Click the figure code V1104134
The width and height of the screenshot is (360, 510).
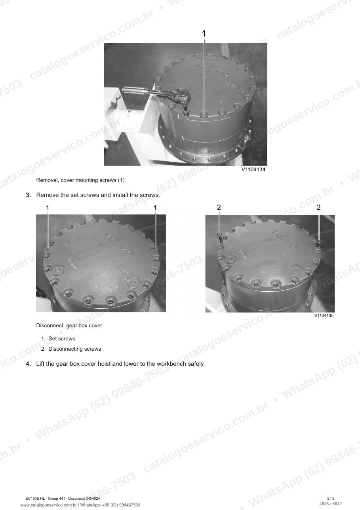click(253, 169)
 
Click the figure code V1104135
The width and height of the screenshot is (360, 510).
click(324, 315)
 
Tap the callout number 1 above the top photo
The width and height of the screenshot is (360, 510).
click(204, 34)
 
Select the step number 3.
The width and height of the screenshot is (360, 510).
click(28, 195)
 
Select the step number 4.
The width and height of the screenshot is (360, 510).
click(28, 364)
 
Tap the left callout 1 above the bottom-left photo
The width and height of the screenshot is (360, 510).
click(48, 208)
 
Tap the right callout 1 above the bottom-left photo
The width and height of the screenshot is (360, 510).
click(155, 208)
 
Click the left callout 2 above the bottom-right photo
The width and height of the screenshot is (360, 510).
click(219, 207)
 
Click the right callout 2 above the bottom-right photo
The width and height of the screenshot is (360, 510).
click(318, 207)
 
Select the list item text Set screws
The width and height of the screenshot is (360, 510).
click(62, 338)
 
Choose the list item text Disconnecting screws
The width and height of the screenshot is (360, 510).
click(74, 349)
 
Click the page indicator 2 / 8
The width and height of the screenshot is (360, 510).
click(331, 499)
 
